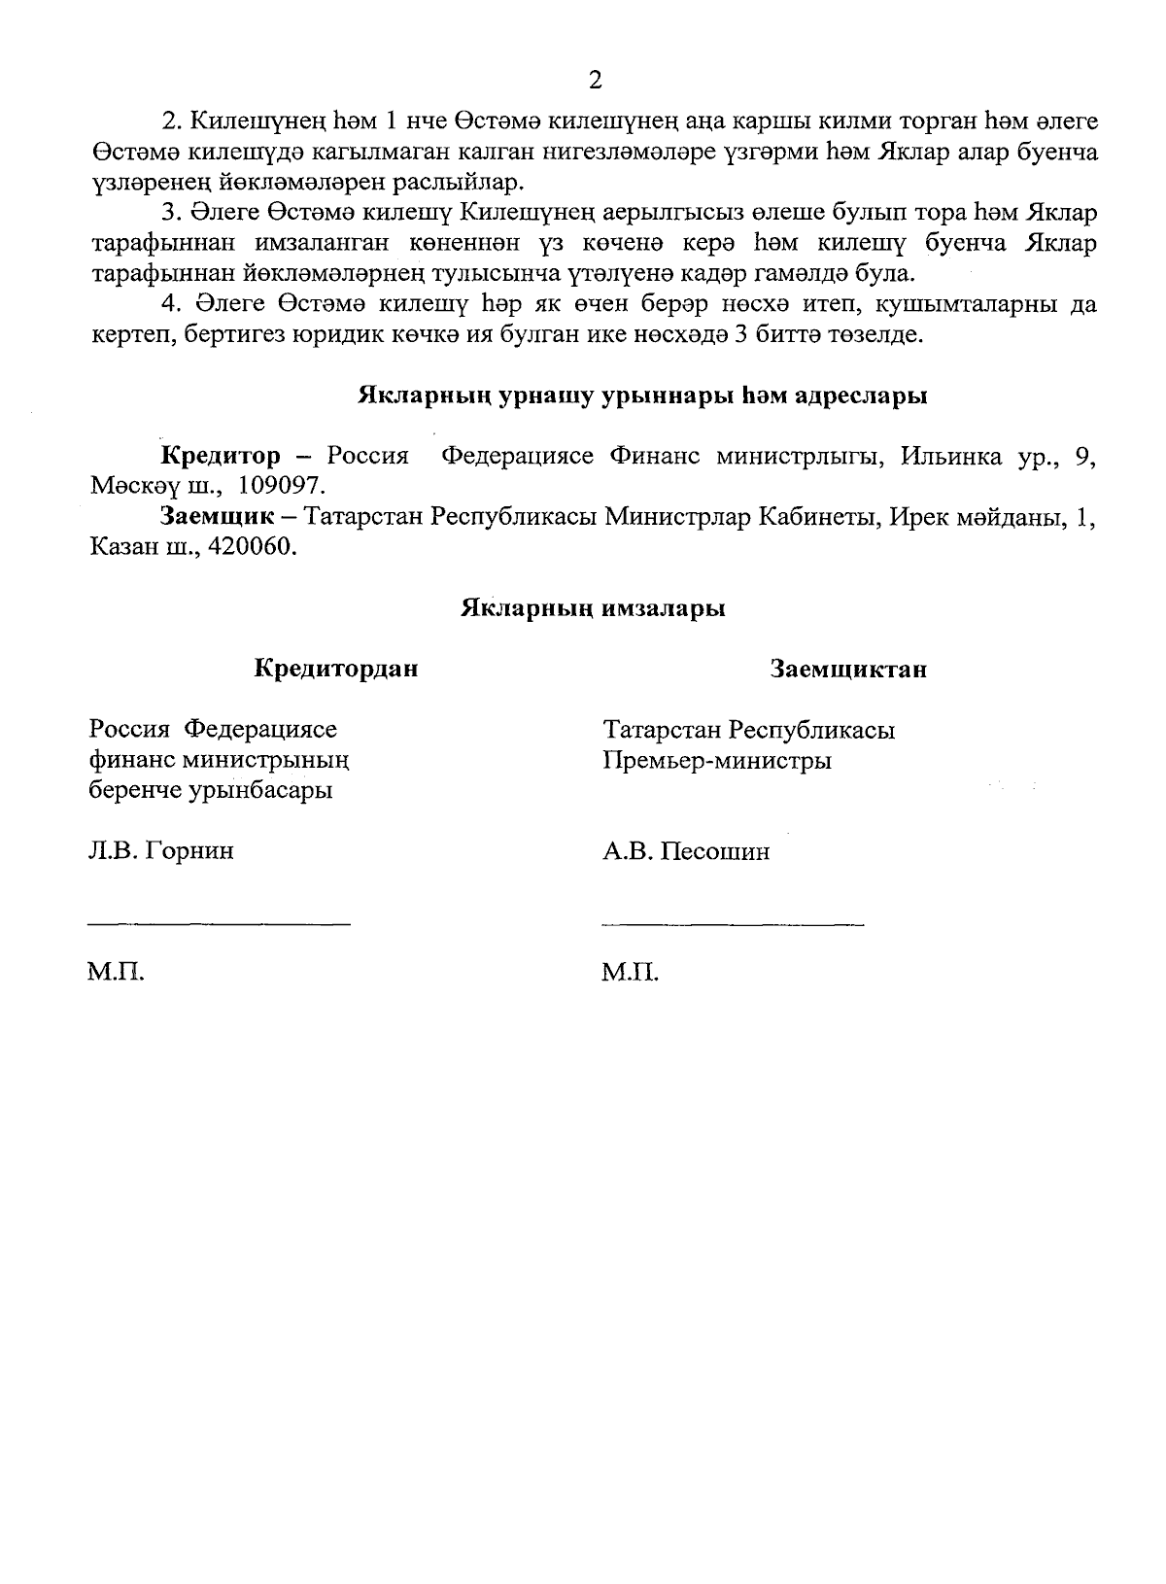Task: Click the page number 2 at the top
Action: [x=596, y=80]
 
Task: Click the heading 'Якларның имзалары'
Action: [x=592, y=609]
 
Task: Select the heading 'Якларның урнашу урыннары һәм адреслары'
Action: [x=642, y=396]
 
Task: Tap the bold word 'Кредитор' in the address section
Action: [x=221, y=456]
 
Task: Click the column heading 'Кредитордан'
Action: [x=336, y=669]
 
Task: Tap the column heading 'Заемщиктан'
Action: [x=847, y=669]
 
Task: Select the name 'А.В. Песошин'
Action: [x=686, y=852]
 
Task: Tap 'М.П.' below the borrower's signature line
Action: [x=630, y=973]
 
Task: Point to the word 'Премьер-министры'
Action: [x=717, y=760]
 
